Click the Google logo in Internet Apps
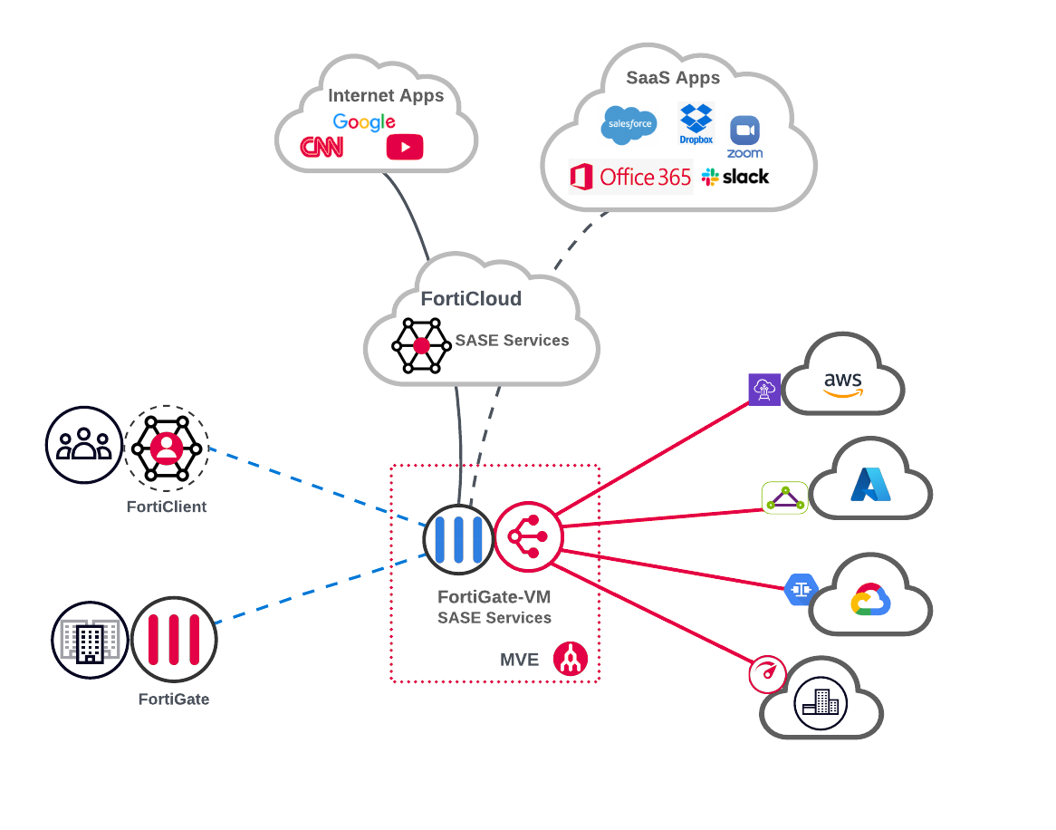pyautogui.click(x=363, y=122)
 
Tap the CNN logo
pyautogui.click(x=322, y=147)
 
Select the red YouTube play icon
pyautogui.click(x=404, y=147)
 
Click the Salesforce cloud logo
pyautogui.click(x=629, y=125)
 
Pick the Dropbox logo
pyautogui.click(x=696, y=123)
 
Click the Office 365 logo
pyautogui.click(x=630, y=177)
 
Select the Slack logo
pyautogui.click(x=734, y=177)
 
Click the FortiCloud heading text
pyautogui.click(x=471, y=299)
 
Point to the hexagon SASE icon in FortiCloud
pyautogui.click(x=421, y=345)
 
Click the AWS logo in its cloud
pyautogui.click(x=843, y=384)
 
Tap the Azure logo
pyautogui.click(x=870, y=485)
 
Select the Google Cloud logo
pyautogui.click(x=871, y=600)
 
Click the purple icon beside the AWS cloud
pyautogui.click(x=764, y=390)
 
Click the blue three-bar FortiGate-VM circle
pyautogui.click(x=458, y=538)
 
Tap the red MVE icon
pyautogui.click(x=571, y=659)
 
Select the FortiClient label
pyautogui.click(x=167, y=507)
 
